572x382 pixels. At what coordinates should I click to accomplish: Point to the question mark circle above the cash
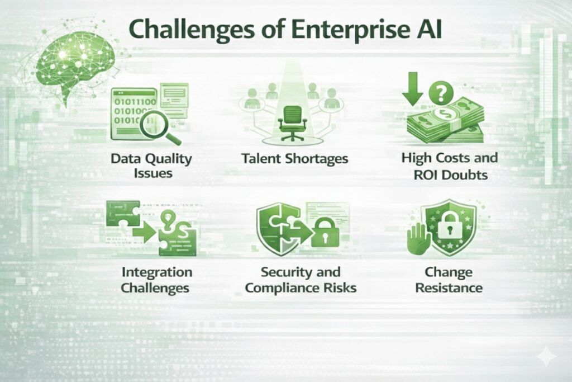[445, 90]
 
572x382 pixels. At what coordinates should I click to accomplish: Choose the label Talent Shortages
[294, 158]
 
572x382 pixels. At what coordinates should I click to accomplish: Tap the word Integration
[156, 272]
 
